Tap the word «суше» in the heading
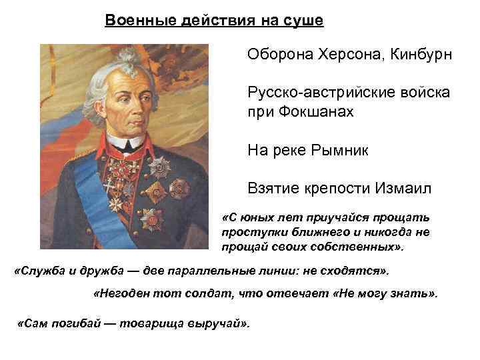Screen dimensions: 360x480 [303, 21]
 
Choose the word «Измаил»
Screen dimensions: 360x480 [403, 189]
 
